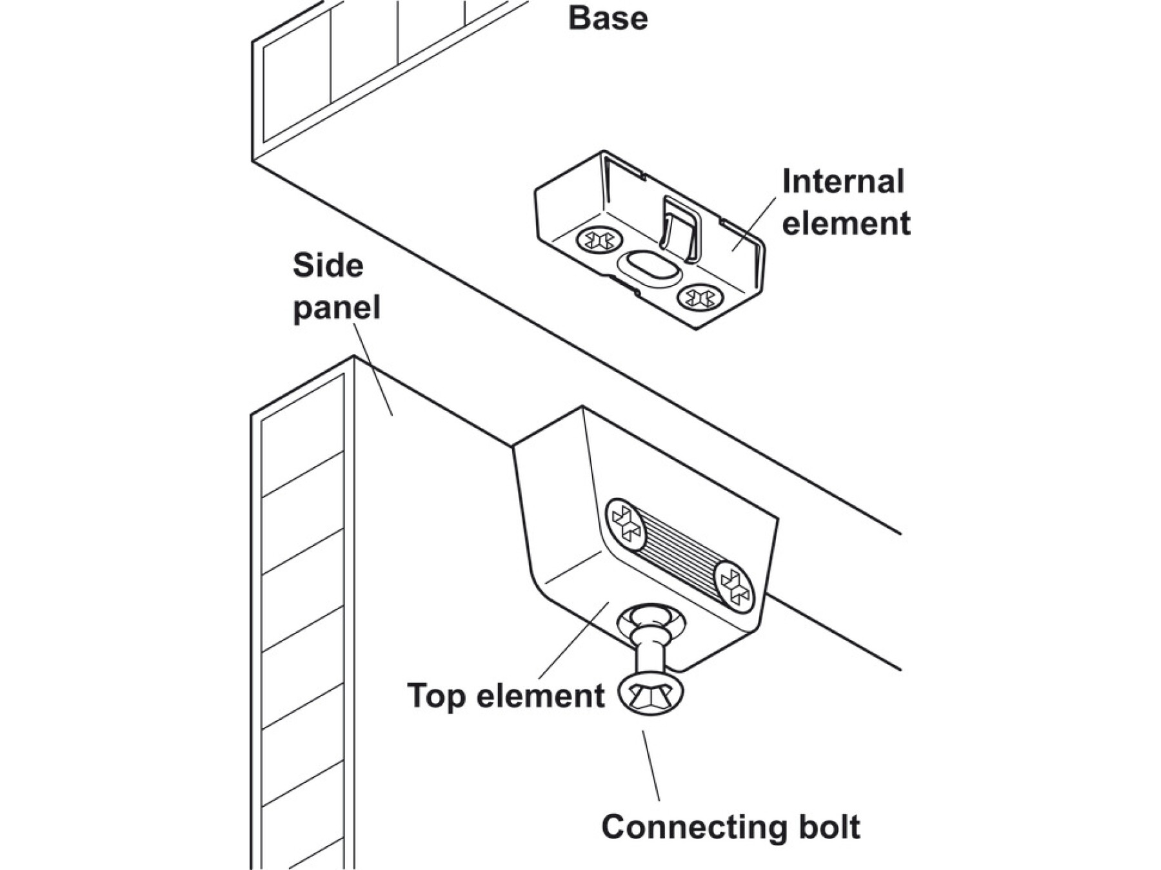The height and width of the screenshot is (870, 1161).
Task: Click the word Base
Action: pos(608,18)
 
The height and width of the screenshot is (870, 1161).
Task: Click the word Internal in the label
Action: pos(843,182)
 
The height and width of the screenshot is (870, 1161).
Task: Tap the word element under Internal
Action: pos(846,224)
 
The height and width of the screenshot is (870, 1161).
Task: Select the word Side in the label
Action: pos(328,266)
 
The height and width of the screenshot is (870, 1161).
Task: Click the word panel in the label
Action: pos(336,307)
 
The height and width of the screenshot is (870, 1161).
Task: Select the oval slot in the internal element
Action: pos(649,267)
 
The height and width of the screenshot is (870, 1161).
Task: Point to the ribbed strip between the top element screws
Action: pos(679,554)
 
